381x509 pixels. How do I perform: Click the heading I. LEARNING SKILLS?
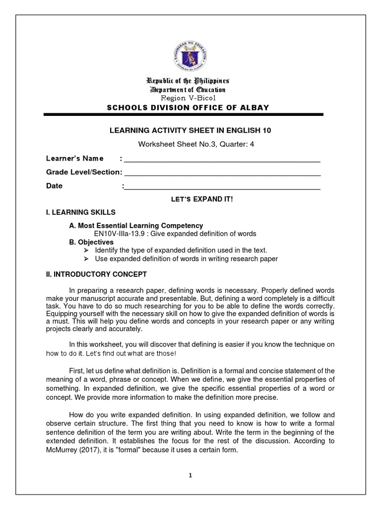(x=81, y=212)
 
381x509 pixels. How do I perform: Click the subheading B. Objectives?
(x=91, y=242)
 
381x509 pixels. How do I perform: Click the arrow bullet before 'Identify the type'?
(x=86, y=251)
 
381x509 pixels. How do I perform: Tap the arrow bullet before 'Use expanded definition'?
(x=86, y=259)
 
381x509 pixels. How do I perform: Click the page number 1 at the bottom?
(x=190, y=475)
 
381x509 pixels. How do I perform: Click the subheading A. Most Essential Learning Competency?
(x=136, y=226)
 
